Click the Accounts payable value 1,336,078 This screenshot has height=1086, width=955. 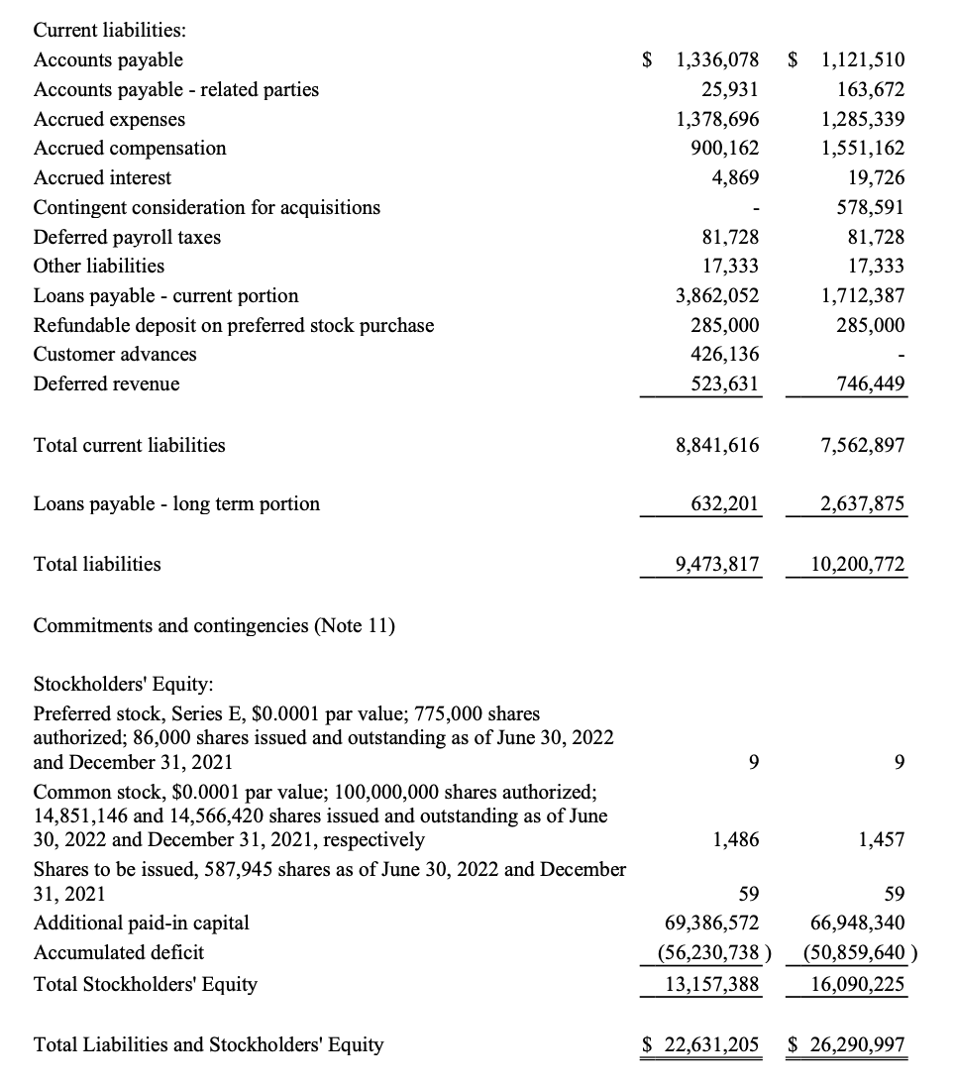716,60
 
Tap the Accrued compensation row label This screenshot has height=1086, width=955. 130,149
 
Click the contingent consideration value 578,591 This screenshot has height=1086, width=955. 865,207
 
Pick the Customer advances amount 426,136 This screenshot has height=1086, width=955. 724,354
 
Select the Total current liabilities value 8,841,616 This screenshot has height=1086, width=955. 716,446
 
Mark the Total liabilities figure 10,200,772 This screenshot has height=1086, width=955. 857,565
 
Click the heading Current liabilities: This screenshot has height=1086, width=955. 103,32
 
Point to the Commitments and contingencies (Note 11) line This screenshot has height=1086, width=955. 214,625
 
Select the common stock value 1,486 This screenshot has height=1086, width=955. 736,840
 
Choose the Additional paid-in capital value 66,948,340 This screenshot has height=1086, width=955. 857,923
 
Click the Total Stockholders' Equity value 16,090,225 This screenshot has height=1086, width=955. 857,984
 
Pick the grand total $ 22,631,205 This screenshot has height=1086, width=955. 700,1044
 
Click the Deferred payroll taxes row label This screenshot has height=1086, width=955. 127,237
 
